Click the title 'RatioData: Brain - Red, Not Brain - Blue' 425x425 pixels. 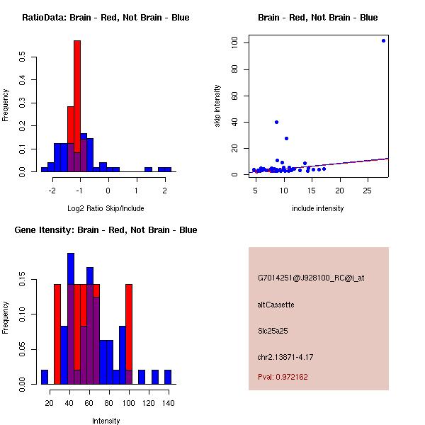coord(106,17)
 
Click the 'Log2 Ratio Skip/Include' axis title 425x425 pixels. coord(106,208)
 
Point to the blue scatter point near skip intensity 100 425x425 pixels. coord(383,40)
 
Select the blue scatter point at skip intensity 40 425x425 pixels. coord(276,122)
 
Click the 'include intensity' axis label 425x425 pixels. coord(318,208)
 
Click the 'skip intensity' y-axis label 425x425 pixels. coord(218,106)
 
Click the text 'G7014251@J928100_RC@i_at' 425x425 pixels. coord(311,278)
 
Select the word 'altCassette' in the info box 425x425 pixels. coord(276,305)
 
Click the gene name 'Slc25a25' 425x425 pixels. coord(273,330)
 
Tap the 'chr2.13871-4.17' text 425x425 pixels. coord(285,356)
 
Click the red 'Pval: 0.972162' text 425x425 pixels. coord(283,377)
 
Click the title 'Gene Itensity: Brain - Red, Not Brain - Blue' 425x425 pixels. coord(106,230)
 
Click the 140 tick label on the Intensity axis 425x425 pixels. coord(168,403)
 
